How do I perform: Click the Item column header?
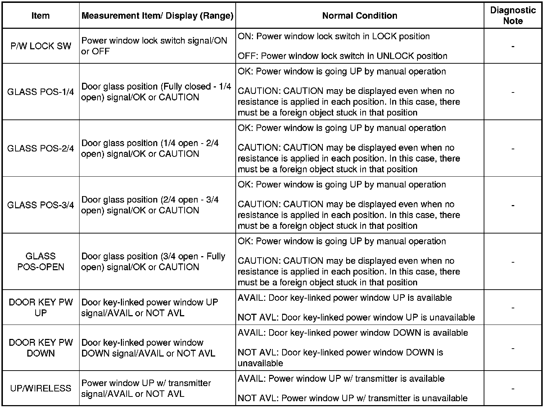(41, 15)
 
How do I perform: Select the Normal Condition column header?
(360, 15)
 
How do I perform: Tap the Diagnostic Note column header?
(513, 15)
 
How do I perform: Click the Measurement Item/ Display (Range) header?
(157, 15)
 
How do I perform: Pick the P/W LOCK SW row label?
(41, 46)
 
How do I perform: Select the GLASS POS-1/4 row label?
(41, 92)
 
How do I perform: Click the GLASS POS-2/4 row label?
(41, 148)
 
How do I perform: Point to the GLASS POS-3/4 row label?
(41, 205)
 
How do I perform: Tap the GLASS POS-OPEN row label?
(41, 262)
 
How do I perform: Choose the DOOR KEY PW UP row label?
(41, 308)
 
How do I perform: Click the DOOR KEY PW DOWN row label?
(41, 348)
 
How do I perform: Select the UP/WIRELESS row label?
(41, 388)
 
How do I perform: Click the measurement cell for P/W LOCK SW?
(154, 46)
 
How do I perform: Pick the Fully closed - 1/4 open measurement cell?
(156, 92)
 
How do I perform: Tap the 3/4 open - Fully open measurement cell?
(153, 262)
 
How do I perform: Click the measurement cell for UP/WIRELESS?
(146, 388)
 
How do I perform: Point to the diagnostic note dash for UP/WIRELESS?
(513, 389)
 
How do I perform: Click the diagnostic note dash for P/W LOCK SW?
(513, 46)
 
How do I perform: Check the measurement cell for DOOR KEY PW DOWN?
(148, 348)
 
